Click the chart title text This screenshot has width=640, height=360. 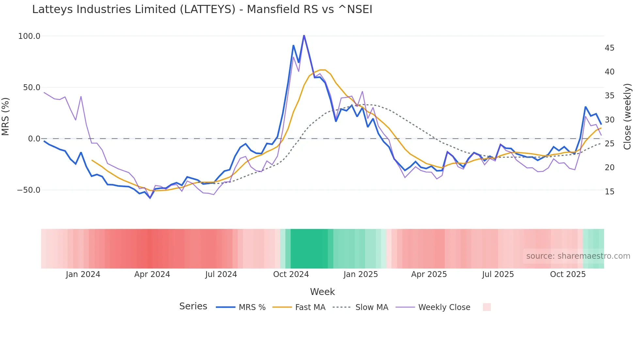[x=202, y=9]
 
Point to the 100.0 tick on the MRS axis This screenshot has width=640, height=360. [x=29, y=36]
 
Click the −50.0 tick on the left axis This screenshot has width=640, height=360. [x=29, y=190]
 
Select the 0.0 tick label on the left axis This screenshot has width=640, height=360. [x=34, y=139]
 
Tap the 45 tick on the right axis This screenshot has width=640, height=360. [x=609, y=48]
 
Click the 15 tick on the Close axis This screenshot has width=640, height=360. [x=609, y=192]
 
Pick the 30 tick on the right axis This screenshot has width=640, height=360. [x=609, y=120]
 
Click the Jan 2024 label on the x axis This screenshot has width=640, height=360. [x=83, y=274]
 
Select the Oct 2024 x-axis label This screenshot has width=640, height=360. [x=291, y=274]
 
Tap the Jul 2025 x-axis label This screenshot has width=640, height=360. [x=498, y=274]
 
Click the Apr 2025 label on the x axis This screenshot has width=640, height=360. [x=429, y=274]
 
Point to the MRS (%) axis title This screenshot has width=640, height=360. [x=6, y=116]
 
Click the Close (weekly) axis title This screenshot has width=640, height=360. [x=627, y=117]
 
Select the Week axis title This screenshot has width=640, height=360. [x=322, y=292]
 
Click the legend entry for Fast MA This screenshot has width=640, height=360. [x=310, y=307]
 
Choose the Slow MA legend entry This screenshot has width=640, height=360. [x=372, y=307]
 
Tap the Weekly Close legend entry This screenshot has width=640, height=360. [x=444, y=307]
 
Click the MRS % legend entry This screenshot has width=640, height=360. [x=252, y=307]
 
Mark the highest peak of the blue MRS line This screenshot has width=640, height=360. [x=304, y=35]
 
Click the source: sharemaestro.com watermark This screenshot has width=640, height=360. [x=578, y=256]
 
